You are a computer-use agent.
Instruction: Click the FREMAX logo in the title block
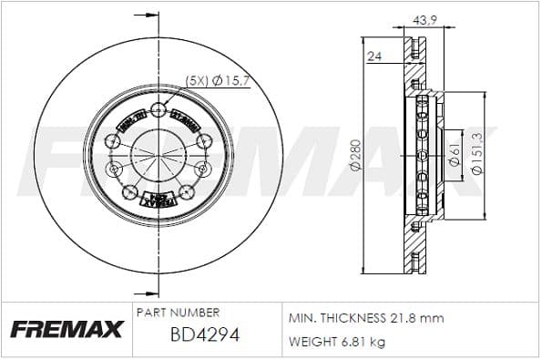(65, 330)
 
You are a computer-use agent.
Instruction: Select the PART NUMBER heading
(177, 313)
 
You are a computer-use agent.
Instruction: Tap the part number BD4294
(204, 335)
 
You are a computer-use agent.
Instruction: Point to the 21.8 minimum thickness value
(404, 319)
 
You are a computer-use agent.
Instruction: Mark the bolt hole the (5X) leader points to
(159, 111)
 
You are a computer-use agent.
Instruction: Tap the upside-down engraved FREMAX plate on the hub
(159, 199)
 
